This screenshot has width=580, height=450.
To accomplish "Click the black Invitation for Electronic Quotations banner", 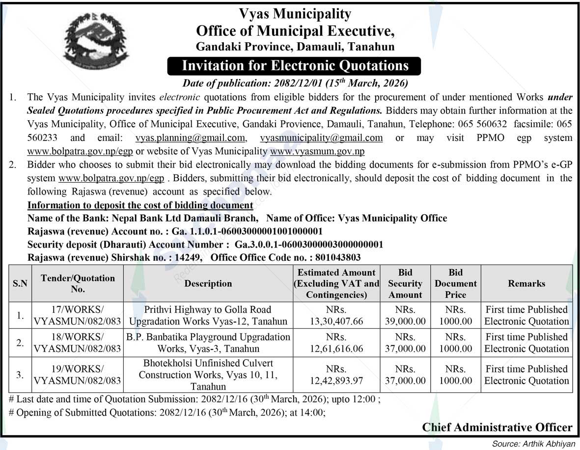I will click(x=295, y=66).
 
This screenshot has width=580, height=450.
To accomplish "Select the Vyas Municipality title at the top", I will click(x=295, y=14).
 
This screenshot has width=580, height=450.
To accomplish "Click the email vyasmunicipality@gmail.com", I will click(x=321, y=138).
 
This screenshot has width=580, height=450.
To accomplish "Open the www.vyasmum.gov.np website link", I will click(x=317, y=151).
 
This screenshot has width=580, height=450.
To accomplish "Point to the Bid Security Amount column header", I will click(x=405, y=283).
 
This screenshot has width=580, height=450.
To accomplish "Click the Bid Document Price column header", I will click(x=455, y=283).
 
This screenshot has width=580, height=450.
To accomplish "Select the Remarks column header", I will click(x=526, y=283).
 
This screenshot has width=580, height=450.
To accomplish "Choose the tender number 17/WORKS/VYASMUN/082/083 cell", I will click(x=78, y=315).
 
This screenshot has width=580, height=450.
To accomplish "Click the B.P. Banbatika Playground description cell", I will click(x=208, y=343).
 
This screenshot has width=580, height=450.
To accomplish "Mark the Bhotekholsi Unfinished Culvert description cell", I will click(x=208, y=375).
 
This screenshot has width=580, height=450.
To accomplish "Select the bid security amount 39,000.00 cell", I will click(x=405, y=315).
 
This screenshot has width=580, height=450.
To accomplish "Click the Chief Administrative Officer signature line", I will click(x=497, y=427).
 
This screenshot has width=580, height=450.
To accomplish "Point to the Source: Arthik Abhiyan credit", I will click(x=533, y=444).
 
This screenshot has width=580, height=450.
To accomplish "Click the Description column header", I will click(x=208, y=283).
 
